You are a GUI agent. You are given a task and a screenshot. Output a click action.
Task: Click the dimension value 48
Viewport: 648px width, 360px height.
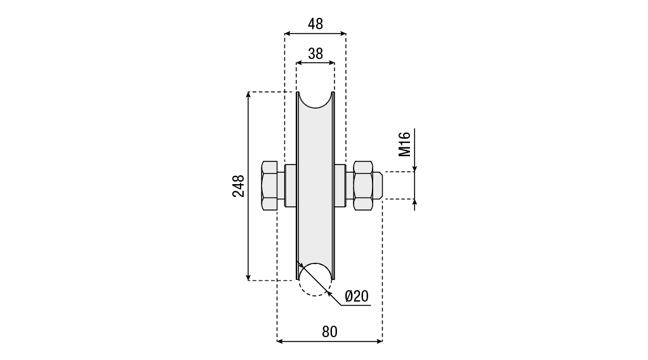pos(315,24)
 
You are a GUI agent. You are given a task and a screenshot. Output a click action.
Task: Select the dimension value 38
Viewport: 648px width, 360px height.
pos(315,54)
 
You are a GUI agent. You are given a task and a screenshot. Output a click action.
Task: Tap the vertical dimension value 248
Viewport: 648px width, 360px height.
pos(239,186)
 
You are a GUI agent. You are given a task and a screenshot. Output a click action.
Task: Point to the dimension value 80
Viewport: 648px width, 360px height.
pos(329,331)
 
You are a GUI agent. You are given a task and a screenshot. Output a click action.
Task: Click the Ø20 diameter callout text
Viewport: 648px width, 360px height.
pos(356,296)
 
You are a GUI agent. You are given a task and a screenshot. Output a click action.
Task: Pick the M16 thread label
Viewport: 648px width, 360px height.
pos(404,144)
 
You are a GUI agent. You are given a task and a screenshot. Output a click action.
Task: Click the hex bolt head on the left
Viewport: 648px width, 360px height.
pos(270,185)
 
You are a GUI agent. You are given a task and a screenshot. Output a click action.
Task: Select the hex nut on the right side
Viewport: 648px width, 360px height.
pos(363,185)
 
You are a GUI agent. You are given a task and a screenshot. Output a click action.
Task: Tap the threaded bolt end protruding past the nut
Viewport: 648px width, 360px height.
pos(377,185)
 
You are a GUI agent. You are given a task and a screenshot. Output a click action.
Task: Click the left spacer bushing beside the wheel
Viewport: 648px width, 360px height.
pos(291,185)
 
